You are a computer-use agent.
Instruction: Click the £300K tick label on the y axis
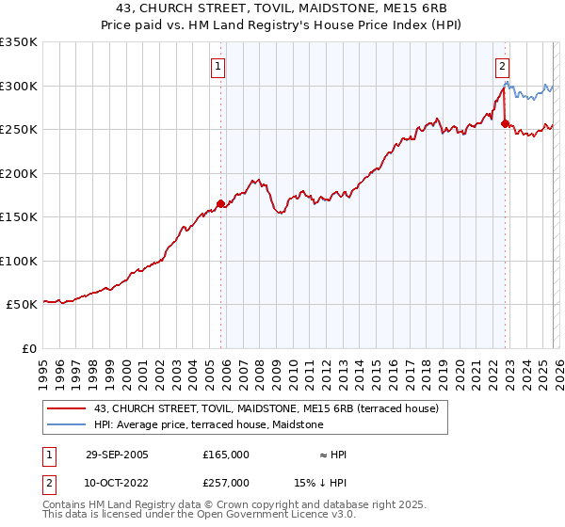click(19, 86)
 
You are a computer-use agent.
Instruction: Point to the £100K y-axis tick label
click(19, 261)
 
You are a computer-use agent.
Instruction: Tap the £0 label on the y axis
click(28, 348)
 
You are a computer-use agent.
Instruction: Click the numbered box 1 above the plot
click(218, 66)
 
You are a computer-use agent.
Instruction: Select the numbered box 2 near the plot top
click(502, 66)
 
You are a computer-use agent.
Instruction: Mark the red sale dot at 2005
click(221, 203)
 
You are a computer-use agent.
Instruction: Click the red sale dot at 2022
click(506, 123)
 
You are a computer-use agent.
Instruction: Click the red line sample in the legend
click(67, 408)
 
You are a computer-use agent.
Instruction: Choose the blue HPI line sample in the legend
click(67, 424)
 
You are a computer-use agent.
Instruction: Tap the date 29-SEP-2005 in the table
click(116, 455)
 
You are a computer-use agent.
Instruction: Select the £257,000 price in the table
click(225, 482)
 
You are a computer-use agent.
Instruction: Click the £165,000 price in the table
click(225, 455)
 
